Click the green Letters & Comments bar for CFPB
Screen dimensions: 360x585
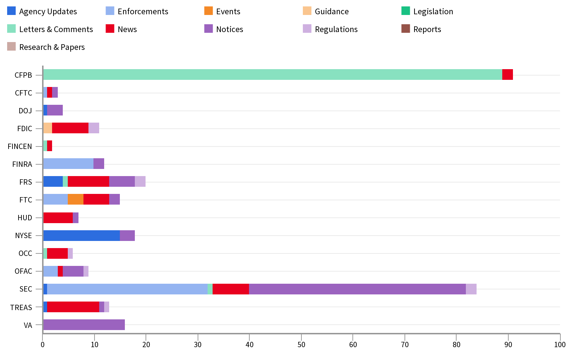click(x=273, y=74)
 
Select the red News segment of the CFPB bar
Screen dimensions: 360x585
click(x=507, y=74)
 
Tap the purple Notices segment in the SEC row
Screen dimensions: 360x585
click(x=357, y=289)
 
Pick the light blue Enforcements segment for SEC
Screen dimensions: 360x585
click(x=127, y=289)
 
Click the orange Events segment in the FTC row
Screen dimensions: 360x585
click(x=76, y=200)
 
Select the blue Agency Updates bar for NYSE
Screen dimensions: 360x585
click(x=82, y=236)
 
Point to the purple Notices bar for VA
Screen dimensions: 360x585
click(x=84, y=325)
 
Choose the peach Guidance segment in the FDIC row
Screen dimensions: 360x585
click(x=48, y=128)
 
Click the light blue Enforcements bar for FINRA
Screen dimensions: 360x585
click(x=68, y=164)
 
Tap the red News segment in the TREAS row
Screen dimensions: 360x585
click(x=73, y=307)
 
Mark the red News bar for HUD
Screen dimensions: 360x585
click(x=58, y=218)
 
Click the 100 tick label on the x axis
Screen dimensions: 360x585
click(x=560, y=344)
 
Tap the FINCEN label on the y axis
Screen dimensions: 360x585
click(x=20, y=146)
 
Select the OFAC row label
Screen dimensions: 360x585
click(x=24, y=271)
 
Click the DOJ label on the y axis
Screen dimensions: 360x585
click(x=25, y=111)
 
